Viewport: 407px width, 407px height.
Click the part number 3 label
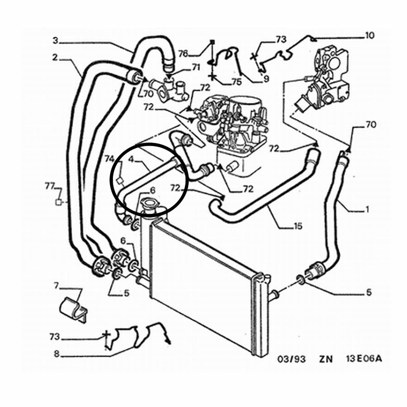[55, 41]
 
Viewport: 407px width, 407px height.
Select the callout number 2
[55, 57]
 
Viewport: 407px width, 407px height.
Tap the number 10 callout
[369, 35]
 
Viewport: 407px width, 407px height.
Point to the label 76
[183, 53]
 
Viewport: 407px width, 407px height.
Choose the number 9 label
[266, 78]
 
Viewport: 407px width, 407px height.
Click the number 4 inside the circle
[131, 159]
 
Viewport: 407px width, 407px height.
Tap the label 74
[109, 159]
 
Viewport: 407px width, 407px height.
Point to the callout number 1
[367, 209]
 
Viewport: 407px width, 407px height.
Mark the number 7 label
[56, 285]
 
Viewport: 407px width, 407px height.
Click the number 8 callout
[56, 355]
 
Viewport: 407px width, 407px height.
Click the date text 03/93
[291, 360]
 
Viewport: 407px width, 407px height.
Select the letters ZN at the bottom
[325, 360]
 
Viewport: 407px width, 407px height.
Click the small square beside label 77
[58, 202]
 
